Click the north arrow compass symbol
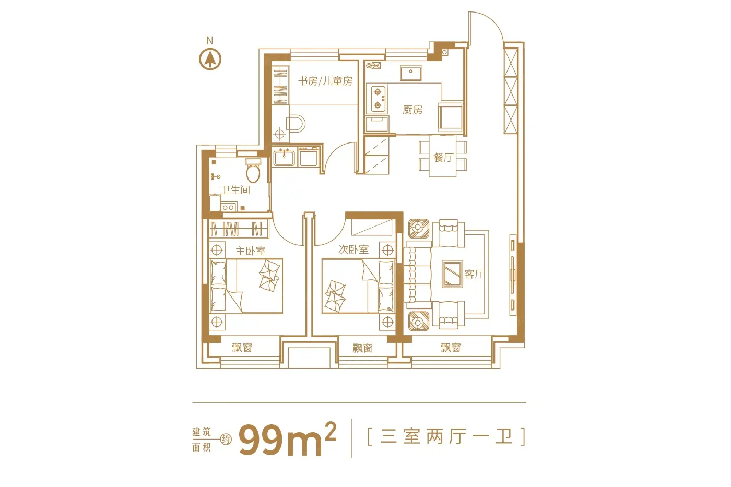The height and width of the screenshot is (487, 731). pos(210,60)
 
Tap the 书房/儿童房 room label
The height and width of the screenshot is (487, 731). pos(325,81)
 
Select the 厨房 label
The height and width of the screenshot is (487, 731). pos(412,110)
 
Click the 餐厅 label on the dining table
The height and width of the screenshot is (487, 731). pos(443,158)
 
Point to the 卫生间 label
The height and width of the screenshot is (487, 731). pos(235,190)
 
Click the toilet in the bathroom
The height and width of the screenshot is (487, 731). pos(253,171)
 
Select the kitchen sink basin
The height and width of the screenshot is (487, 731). pos(411,73)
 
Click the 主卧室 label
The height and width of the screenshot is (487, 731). pos(250,251)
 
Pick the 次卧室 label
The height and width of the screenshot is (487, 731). pos(353,250)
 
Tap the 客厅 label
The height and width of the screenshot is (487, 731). pos(474,274)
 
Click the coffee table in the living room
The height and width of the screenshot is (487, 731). pos(452,274)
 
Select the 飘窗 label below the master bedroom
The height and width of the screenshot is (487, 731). pos(242,348)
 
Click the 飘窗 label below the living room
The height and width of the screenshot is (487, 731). pos(450,348)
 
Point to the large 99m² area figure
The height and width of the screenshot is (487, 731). pos(287,439)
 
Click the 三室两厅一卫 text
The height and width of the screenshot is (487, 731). pos(446,437)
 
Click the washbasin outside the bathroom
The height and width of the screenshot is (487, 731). pos(284,157)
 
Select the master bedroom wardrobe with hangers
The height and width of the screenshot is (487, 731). pos(239,228)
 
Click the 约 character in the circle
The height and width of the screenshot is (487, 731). pos(226,439)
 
